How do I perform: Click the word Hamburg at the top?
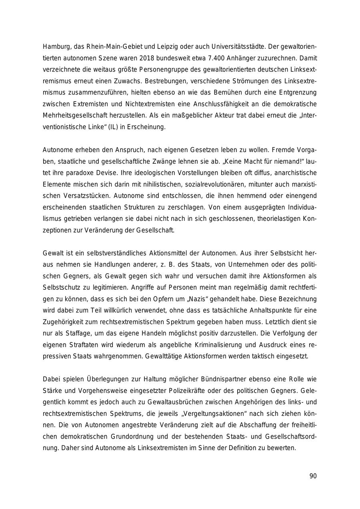click(x=56, y=47)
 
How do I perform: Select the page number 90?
click(x=313, y=476)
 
